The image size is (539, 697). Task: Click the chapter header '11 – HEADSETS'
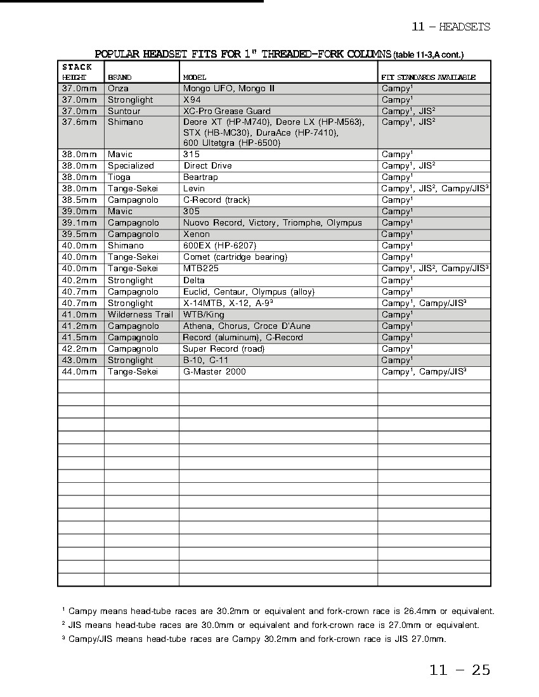pos(451,27)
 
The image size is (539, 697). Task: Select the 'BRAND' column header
pos(120,77)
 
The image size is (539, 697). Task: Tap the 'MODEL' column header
pos(195,77)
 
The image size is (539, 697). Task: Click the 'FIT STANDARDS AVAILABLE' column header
pos(428,77)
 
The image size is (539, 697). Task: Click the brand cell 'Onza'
pos(118,89)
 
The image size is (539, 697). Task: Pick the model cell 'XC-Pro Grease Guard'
pos(226,111)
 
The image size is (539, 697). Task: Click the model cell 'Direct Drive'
pos(207,166)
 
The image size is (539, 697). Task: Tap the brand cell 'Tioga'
pos(119,177)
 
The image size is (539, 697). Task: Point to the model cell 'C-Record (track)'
pos(216,200)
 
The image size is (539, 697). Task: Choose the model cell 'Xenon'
pos(196,234)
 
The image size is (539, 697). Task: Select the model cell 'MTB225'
pos(201,269)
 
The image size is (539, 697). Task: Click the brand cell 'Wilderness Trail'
pos(140,315)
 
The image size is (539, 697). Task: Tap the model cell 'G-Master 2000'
pos(214,372)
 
